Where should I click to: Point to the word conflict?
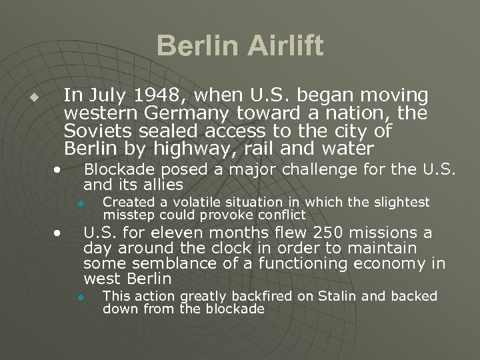tap(278, 215)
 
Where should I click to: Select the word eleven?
tap(183, 233)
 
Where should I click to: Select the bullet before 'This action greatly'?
tap(79, 297)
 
